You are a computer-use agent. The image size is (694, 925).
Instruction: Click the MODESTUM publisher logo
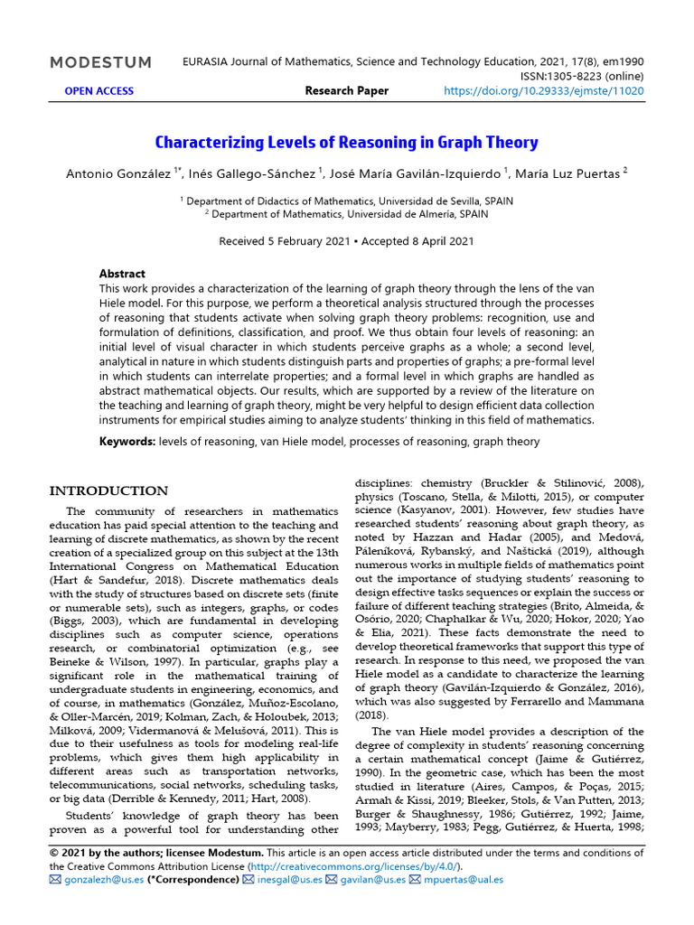(100, 62)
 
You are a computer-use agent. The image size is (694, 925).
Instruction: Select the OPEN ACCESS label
(98, 90)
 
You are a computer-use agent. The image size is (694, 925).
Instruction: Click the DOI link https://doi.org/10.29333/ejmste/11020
(544, 90)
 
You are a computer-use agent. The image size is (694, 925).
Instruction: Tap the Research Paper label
(347, 90)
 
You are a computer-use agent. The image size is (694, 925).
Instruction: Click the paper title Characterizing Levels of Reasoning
(347, 143)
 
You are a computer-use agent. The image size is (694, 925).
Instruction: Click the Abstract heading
(122, 274)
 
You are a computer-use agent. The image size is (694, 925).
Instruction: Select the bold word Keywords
(127, 442)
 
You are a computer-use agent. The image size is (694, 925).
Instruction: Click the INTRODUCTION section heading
(108, 491)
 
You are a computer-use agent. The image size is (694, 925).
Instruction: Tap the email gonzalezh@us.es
(96, 879)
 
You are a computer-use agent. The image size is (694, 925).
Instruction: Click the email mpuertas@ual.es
(464, 879)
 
